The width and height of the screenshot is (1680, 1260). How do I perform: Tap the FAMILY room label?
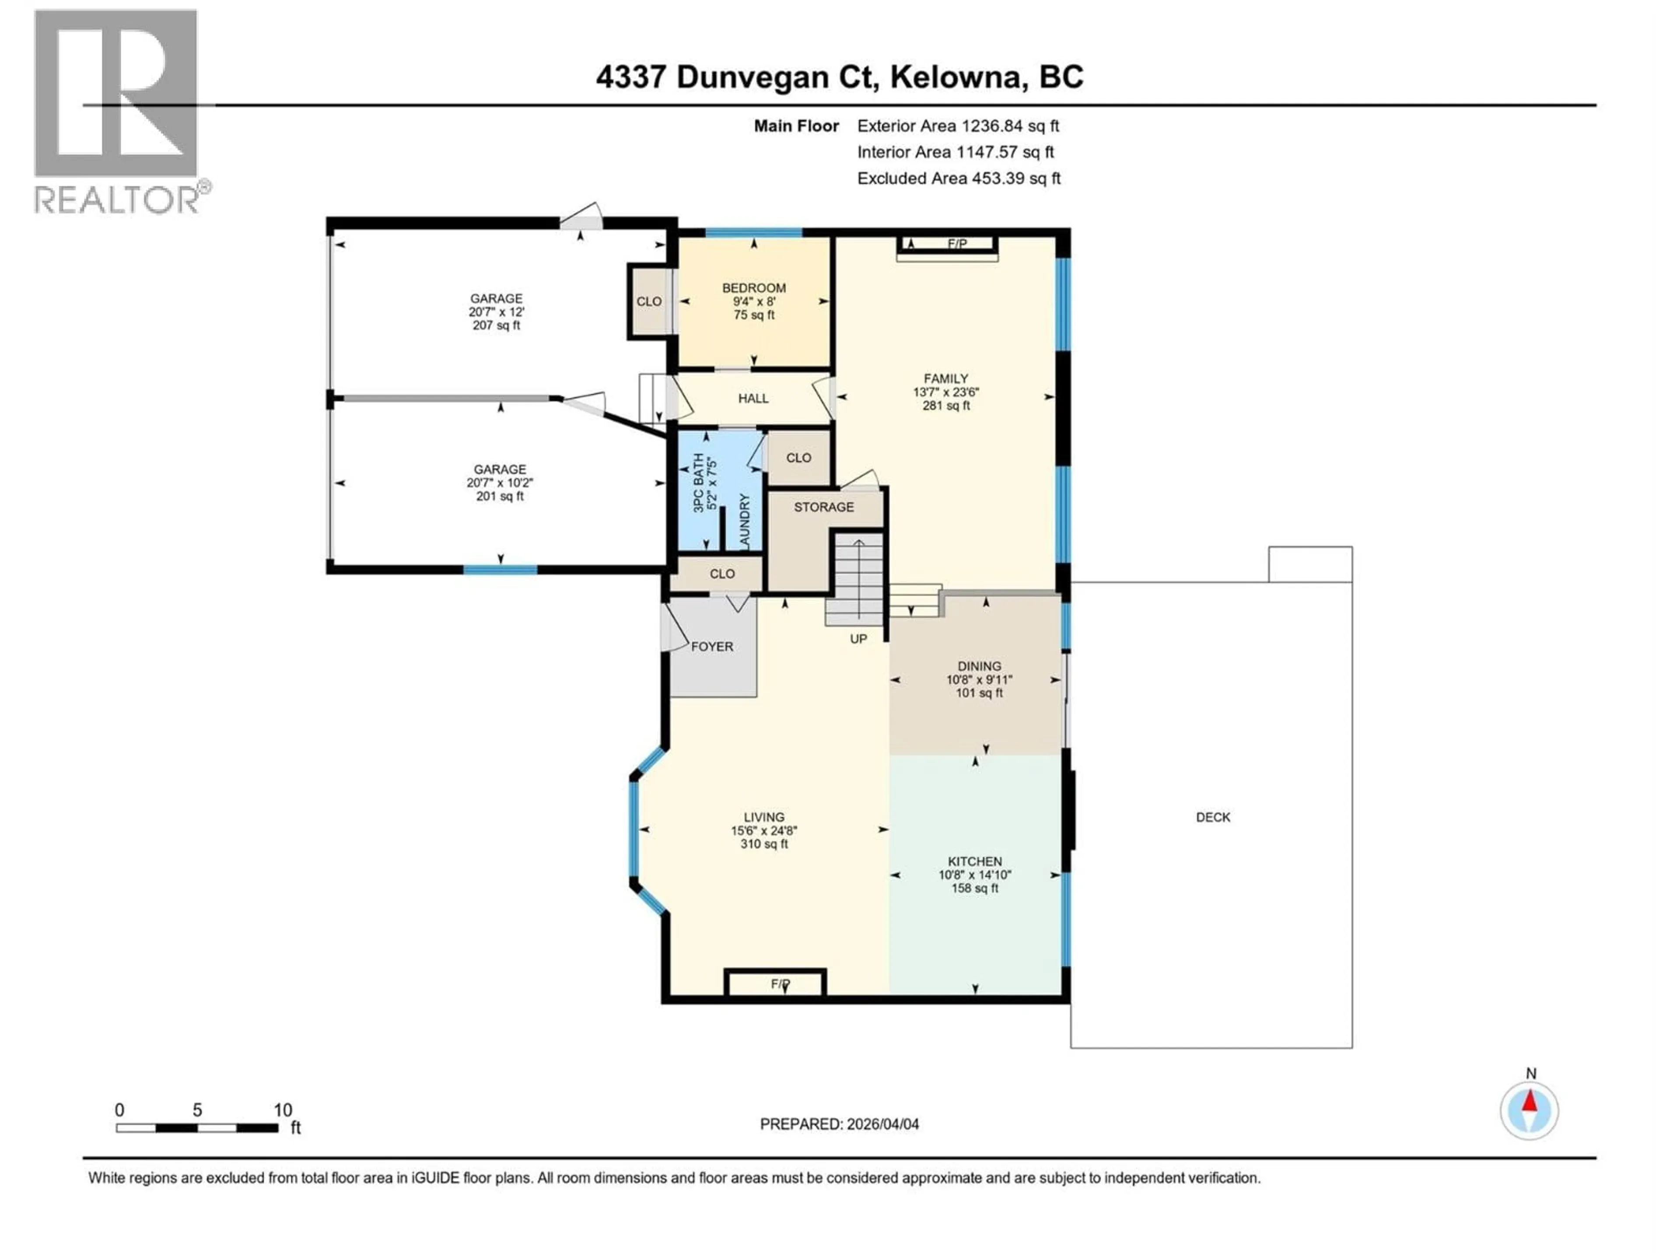945,379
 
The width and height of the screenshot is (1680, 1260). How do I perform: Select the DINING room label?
979,666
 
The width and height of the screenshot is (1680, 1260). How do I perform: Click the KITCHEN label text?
974,861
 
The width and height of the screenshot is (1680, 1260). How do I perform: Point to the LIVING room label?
764,817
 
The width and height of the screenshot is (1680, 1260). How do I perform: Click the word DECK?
1212,817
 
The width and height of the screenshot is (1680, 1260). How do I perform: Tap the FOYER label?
712,646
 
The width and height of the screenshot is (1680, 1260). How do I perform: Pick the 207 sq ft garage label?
496,311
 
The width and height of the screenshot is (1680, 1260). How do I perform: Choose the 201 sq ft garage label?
499,482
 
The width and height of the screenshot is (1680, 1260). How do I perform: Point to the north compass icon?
1529,1110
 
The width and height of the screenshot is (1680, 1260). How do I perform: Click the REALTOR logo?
118,112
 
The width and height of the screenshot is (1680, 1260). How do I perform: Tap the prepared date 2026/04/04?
839,1124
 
